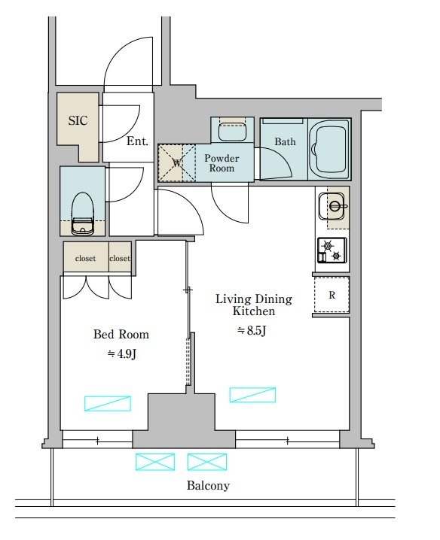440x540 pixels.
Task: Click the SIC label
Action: [x=78, y=120]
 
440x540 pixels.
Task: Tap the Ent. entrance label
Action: [x=137, y=141]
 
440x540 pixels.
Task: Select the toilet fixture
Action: [x=82, y=214]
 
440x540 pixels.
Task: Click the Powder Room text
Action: [x=222, y=163]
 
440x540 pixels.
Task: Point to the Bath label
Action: [x=285, y=141]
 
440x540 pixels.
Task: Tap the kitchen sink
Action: [x=332, y=206]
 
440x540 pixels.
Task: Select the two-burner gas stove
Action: [x=332, y=250]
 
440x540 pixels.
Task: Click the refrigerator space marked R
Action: [x=332, y=295]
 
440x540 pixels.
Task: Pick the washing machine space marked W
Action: [x=177, y=163]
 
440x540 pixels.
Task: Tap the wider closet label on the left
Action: [x=85, y=258]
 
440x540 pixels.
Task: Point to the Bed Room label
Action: [x=121, y=334]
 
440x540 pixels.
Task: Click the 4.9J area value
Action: [x=122, y=353]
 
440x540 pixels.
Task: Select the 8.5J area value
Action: [x=252, y=331]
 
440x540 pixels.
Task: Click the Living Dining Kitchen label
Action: [x=254, y=305]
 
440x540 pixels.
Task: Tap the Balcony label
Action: [x=208, y=485]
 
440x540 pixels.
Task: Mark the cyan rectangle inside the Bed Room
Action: [x=108, y=404]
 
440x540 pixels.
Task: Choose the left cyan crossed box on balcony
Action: [x=155, y=462]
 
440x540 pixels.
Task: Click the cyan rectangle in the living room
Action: [x=252, y=395]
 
